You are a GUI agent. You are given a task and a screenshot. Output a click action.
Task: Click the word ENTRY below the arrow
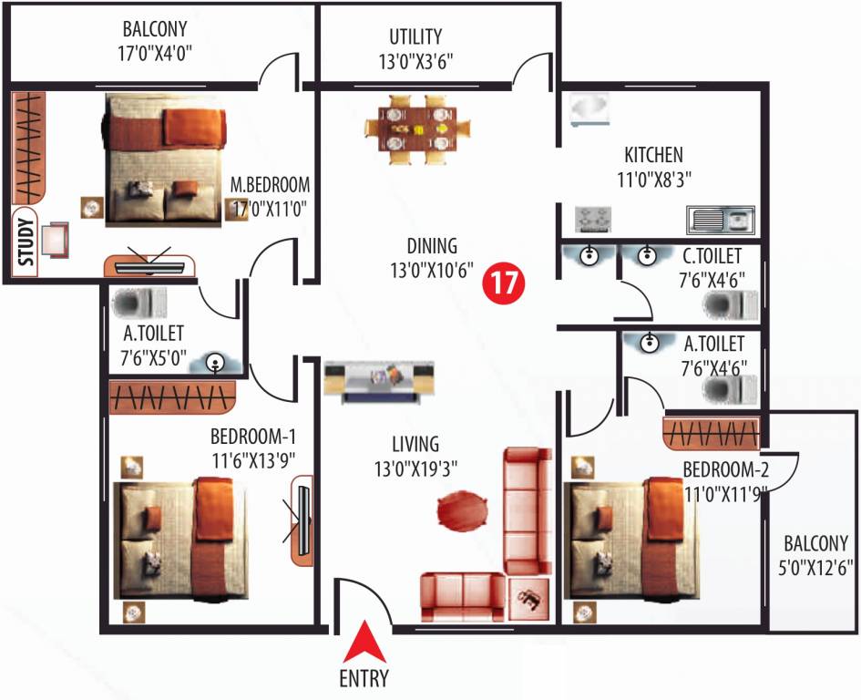364,678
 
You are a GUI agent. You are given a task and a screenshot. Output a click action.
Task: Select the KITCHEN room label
653,155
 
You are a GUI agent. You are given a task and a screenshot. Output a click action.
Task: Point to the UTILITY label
415,36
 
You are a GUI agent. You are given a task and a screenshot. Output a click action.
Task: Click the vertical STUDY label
26,242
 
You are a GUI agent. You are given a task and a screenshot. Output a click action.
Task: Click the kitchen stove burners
592,220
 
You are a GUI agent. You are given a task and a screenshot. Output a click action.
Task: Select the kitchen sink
720,220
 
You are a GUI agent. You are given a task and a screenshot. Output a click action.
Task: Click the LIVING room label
415,445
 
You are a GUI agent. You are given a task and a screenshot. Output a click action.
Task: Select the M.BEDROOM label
271,182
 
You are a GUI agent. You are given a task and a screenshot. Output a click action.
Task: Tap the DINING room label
432,246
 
